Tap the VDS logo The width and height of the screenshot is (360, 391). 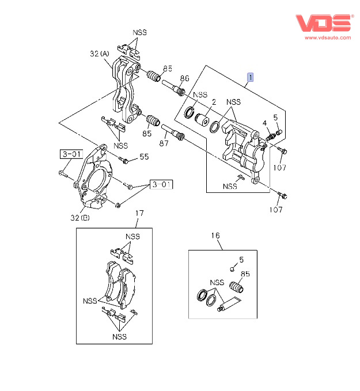(323, 23)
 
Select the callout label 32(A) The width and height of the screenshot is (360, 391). (100, 54)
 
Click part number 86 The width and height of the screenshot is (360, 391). (184, 78)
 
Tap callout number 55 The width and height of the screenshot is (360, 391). (144, 156)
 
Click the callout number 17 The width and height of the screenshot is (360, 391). (139, 213)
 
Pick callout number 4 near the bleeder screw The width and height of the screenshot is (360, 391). (264, 123)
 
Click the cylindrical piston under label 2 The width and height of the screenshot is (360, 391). (202, 120)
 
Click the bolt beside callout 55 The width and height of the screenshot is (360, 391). (124, 160)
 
